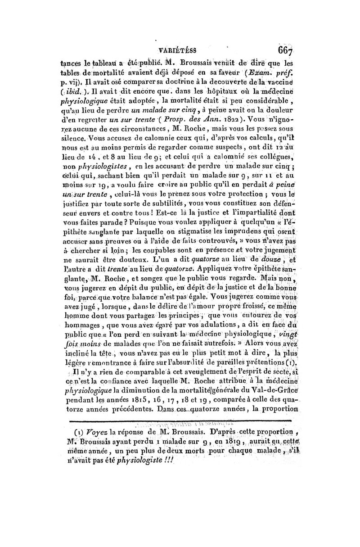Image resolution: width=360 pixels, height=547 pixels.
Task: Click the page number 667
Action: pos(285,50)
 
